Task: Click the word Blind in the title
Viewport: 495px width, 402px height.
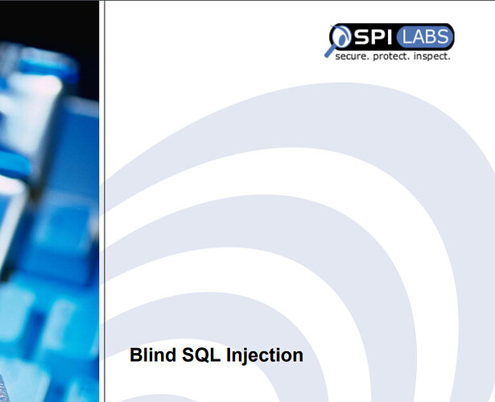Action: click(153, 355)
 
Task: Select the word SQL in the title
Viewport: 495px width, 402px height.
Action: click(201, 355)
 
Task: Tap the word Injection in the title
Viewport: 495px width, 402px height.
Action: click(265, 356)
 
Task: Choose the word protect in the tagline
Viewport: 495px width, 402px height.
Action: click(391, 57)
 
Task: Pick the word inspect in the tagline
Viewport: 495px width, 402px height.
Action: click(431, 57)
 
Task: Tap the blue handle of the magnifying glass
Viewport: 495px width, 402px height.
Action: click(330, 51)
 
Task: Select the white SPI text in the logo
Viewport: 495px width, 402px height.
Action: click(373, 36)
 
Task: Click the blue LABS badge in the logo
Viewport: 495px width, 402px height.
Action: click(426, 36)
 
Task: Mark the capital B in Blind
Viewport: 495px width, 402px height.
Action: click(136, 355)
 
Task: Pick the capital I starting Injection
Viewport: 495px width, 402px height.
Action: click(229, 355)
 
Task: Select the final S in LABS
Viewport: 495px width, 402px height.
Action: click(443, 36)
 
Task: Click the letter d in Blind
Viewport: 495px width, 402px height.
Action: click(170, 355)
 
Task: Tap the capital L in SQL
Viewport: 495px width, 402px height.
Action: click(215, 355)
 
